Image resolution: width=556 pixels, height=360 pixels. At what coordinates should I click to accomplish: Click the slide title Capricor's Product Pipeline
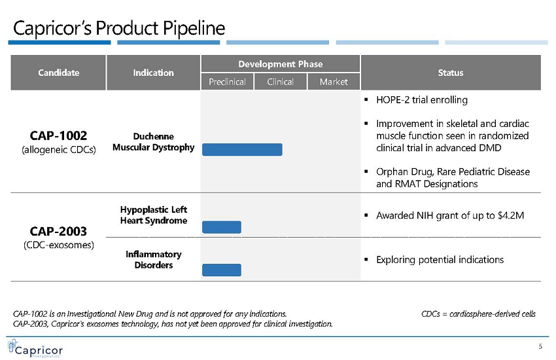tap(119, 28)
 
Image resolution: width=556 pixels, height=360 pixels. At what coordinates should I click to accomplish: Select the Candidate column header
tap(58, 73)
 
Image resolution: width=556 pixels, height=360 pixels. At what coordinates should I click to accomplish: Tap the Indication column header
tap(154, 73)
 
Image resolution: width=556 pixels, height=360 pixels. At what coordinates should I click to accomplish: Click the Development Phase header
tap(281, 64)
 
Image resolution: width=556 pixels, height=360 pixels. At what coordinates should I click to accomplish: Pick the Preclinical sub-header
tap(227, 82)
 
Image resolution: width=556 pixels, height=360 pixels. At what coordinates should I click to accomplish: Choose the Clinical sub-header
tap(281, 82)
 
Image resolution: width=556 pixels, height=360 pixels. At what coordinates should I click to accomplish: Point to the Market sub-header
tap(334, 82)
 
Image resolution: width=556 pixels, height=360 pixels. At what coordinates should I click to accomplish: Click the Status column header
tap(451, 73)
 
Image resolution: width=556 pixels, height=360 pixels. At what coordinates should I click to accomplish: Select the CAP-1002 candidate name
tap(58, 135)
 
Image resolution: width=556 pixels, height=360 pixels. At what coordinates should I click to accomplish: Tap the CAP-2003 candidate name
tap(58, 231)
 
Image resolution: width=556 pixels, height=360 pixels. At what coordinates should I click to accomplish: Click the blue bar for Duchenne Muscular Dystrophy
tap(242, 150)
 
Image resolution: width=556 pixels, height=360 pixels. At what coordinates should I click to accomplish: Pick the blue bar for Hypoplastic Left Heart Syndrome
tap(222, 227)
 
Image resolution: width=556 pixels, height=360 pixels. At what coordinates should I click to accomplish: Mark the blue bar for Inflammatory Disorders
tap(222, 270)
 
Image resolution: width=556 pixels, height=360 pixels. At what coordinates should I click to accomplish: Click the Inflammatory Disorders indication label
tap(154, 260)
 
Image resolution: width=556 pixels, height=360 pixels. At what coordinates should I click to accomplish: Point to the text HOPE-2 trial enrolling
tap(422, 100)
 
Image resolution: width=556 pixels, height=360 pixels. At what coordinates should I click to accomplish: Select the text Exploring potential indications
tap(440, 260)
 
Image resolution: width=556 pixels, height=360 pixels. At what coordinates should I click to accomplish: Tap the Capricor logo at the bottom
tap(35, 349)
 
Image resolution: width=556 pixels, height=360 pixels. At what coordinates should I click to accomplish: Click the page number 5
tap(540, 346)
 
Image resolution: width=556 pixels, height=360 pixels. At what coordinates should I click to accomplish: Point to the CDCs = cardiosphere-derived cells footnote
tap(478, 314)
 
